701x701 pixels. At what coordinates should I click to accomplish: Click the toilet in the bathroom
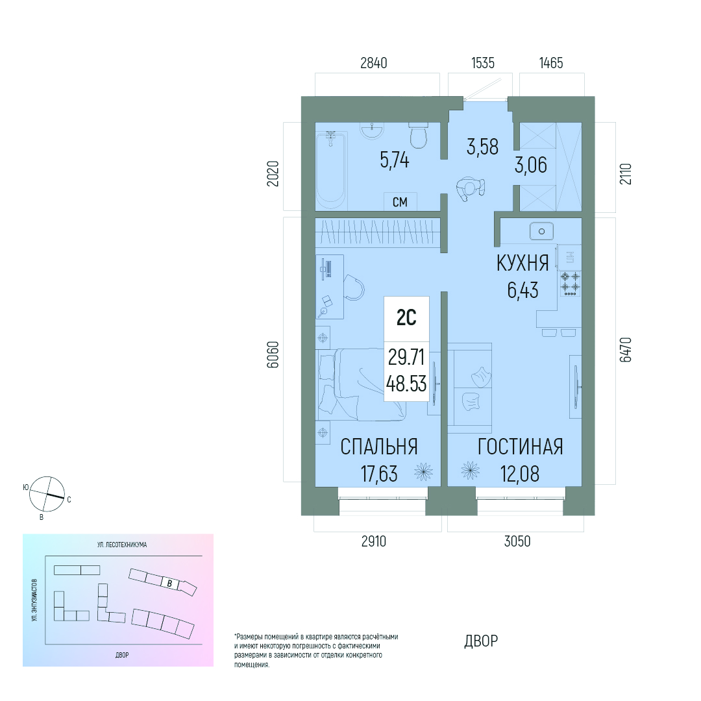[x=419, y=135]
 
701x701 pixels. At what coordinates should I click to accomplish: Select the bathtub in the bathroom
[x=331, y=170]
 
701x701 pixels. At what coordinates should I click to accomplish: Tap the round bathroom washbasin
[x=372, y=130]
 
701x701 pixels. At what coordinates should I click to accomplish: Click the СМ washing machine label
[x=400, y=202]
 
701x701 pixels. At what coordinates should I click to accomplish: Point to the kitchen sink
[x=541, y=232]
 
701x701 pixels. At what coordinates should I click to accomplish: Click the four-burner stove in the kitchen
[x=570, y=284]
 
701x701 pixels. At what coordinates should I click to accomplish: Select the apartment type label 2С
[x=406, y=318]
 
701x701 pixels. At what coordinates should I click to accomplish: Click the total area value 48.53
[x=406, y=384]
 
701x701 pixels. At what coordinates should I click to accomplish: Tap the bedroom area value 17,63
[x=379, y=474]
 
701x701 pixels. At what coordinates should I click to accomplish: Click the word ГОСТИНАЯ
[x=521, y=447]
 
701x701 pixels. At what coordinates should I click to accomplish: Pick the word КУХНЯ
[x=523, y=264]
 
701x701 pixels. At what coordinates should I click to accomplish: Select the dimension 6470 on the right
[x=626, y=350]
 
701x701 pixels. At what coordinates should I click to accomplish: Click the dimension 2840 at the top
[x=374, y=63]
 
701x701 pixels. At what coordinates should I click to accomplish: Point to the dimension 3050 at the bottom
[x=517, y=541]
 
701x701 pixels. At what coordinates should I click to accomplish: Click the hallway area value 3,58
[x=482, y=147]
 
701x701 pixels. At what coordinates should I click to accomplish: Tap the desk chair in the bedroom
[x=354, y=288]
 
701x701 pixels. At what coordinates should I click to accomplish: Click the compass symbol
[x=47, y=494]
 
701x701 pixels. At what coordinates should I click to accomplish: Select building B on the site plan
[x=169, y=584]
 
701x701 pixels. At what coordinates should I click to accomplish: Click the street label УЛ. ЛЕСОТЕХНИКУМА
[x=122, y=545]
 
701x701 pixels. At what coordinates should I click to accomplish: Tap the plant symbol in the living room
[x=471, y=471]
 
